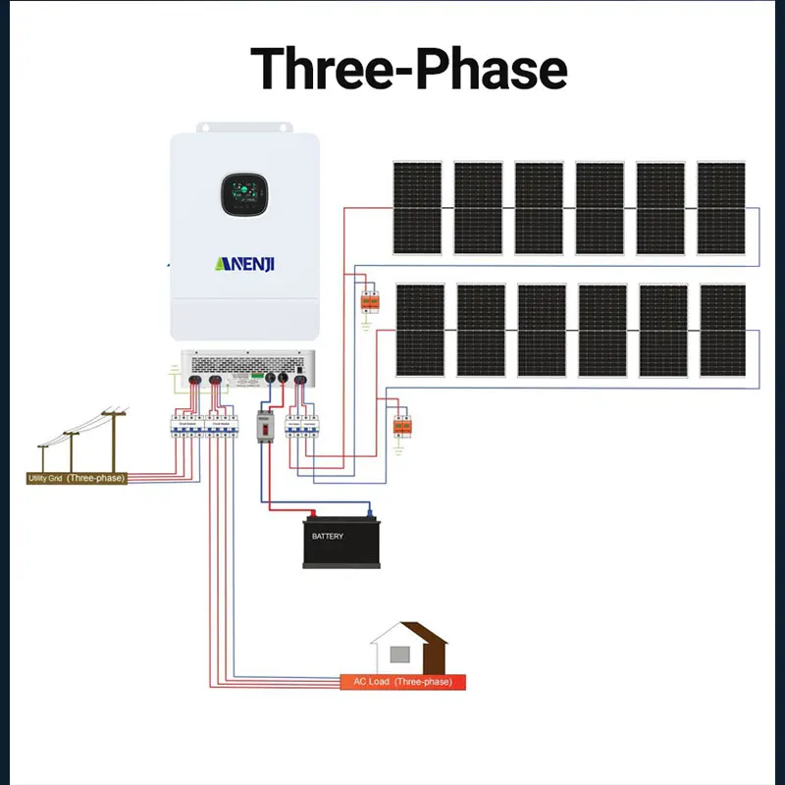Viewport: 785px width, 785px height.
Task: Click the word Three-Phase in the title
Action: [x=408, y=69]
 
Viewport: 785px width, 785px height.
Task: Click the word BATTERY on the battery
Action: [x=328, y=537]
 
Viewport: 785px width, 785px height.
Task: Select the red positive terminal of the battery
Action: [x=312, y=513]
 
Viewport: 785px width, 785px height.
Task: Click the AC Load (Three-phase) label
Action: [x=402, y=681]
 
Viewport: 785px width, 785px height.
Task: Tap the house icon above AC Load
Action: [x=408, y=647]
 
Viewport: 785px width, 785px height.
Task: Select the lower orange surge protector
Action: [x=399, y=425]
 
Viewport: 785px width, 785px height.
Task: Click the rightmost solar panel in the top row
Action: [x=721, y=208]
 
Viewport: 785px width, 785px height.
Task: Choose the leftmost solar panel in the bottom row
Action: [x=420, y=331]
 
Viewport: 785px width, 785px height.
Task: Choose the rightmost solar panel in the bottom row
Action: [x=723, y=331]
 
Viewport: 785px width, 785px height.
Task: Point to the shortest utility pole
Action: [x=43, y=457]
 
